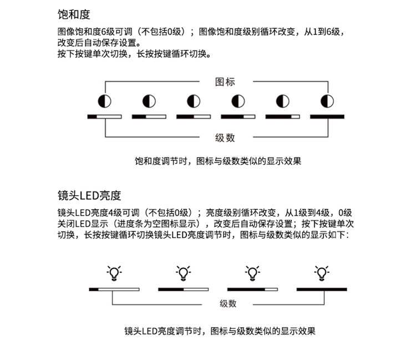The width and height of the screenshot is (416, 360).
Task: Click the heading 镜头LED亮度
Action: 89,195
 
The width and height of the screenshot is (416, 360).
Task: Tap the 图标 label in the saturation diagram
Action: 225,82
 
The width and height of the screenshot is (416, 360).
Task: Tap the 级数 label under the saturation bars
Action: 225,138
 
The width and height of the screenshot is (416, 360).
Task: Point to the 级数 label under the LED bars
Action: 228,303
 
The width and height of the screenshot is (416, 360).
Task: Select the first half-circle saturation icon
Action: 104,101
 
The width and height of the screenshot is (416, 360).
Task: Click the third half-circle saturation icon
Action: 194,101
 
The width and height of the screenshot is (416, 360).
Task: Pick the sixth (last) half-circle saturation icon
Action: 327,101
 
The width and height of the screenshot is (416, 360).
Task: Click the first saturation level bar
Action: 104,116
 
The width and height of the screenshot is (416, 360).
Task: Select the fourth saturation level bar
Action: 238,116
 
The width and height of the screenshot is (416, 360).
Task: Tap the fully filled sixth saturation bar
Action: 327,116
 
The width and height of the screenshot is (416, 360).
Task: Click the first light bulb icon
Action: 114,273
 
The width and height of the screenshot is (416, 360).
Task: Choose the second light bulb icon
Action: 183,273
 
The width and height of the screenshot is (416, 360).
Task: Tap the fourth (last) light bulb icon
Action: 321,273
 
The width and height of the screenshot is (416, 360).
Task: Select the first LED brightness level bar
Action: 114,289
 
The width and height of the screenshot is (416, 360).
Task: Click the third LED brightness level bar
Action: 252,289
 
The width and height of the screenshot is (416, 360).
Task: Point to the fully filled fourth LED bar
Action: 321,289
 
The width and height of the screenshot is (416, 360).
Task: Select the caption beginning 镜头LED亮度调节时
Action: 220,331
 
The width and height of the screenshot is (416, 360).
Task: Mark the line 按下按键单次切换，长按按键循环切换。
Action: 134,54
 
